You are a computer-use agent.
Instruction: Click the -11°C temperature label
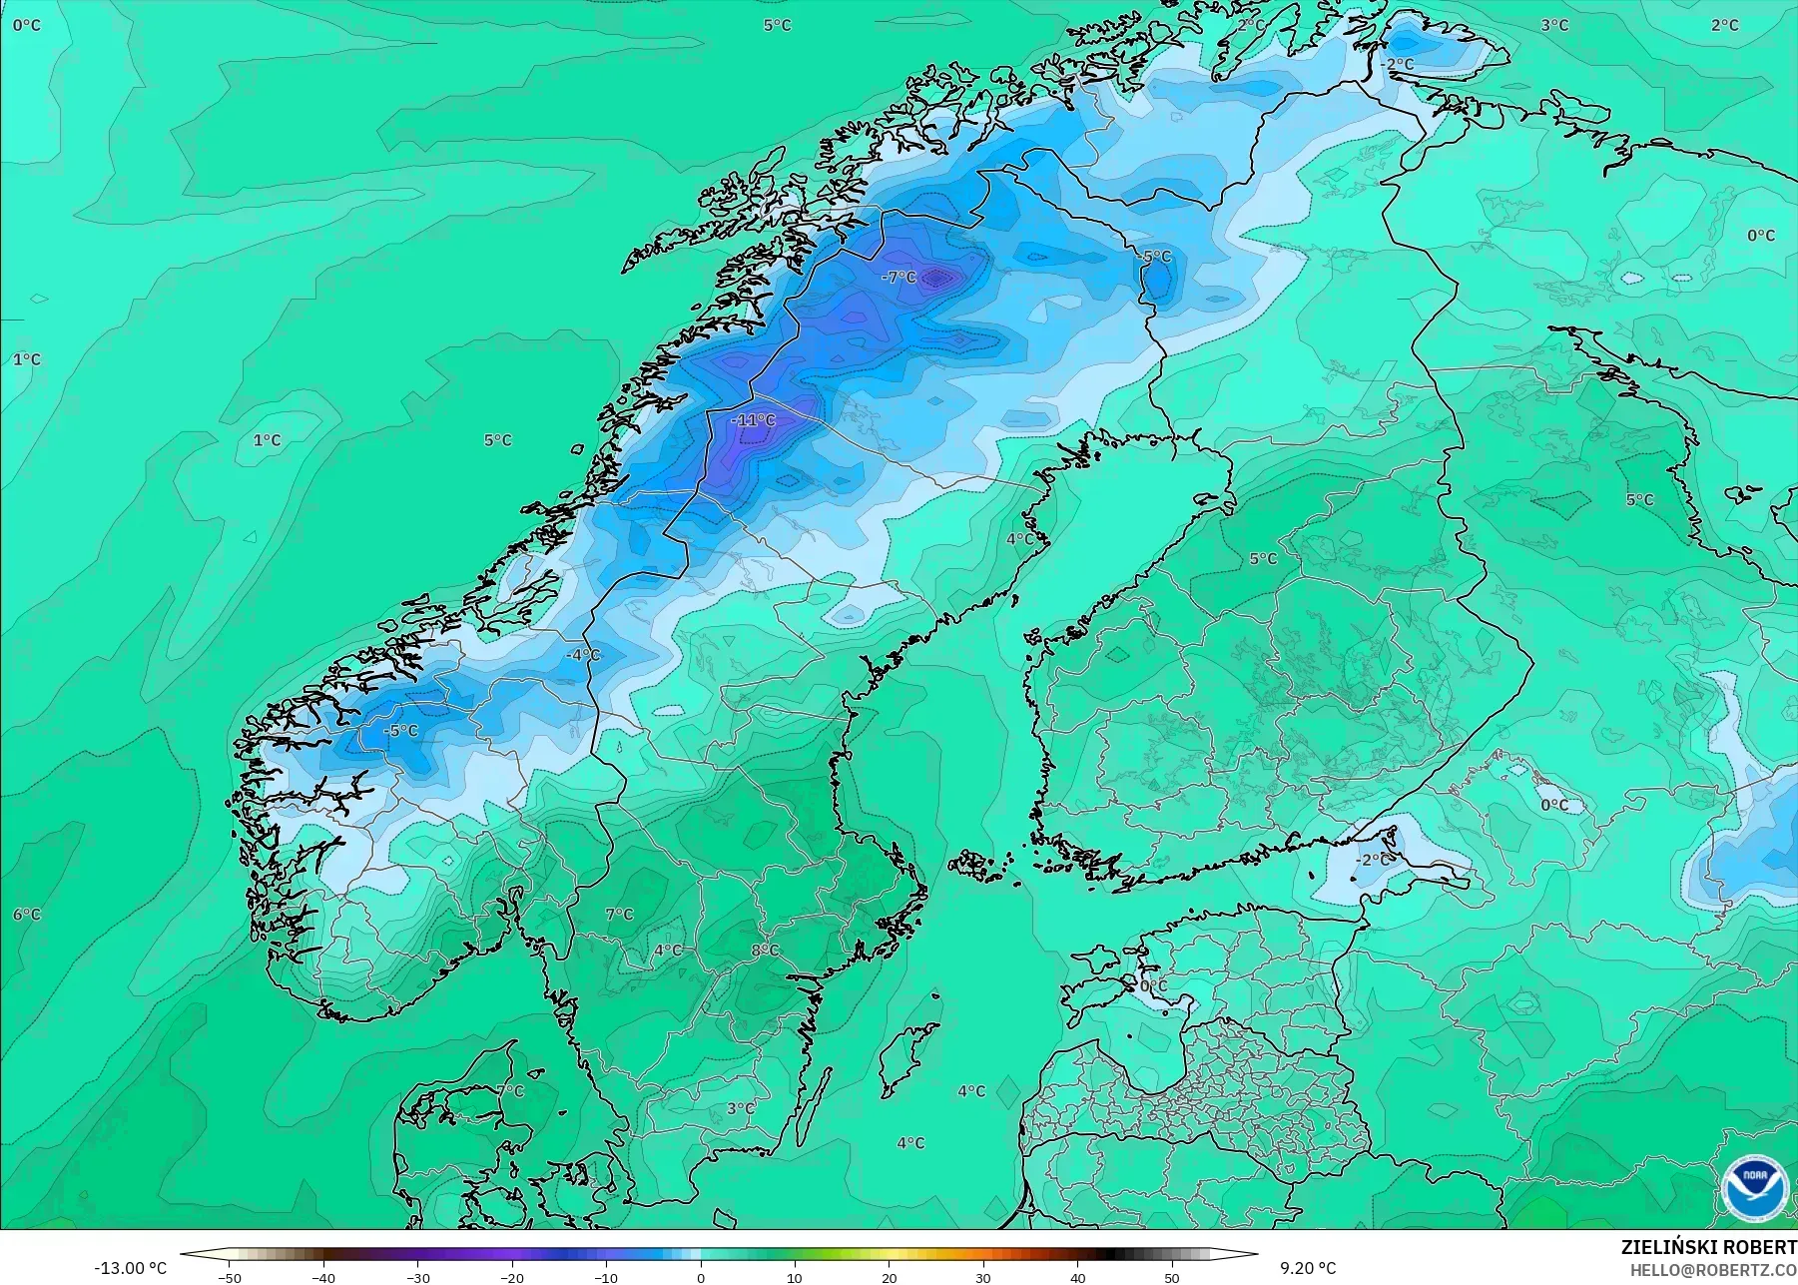tap(753, 420)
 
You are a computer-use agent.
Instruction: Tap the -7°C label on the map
tap(899, 277)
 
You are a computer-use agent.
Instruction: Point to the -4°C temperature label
tap(583, 655)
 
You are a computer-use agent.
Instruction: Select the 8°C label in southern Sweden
tap(765, 951)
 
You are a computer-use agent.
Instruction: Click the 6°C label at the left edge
tap(27, 915)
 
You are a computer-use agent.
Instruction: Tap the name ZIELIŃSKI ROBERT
tap(1708, 1247)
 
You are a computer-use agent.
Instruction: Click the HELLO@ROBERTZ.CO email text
tap(1714, 1270)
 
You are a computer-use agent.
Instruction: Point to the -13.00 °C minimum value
tap(130, 1268)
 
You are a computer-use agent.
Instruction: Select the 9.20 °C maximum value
tap(1308, 1268)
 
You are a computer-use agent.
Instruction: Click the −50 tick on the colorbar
tap(229, 1278)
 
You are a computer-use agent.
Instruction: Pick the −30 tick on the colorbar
tap(417, 1278)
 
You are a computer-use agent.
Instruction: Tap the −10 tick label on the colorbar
tap(606, 1278)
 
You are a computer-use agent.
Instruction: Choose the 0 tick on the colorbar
tap(701, 1278)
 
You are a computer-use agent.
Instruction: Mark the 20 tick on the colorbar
tap(890, 1278)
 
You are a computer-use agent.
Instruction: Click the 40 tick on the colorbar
tap(1078, 1278)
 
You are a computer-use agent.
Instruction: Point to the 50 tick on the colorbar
tap(1172, 1278)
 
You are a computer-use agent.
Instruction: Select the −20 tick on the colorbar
tap(512, 1278)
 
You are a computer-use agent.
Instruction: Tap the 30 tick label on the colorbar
tap(983, 1278)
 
